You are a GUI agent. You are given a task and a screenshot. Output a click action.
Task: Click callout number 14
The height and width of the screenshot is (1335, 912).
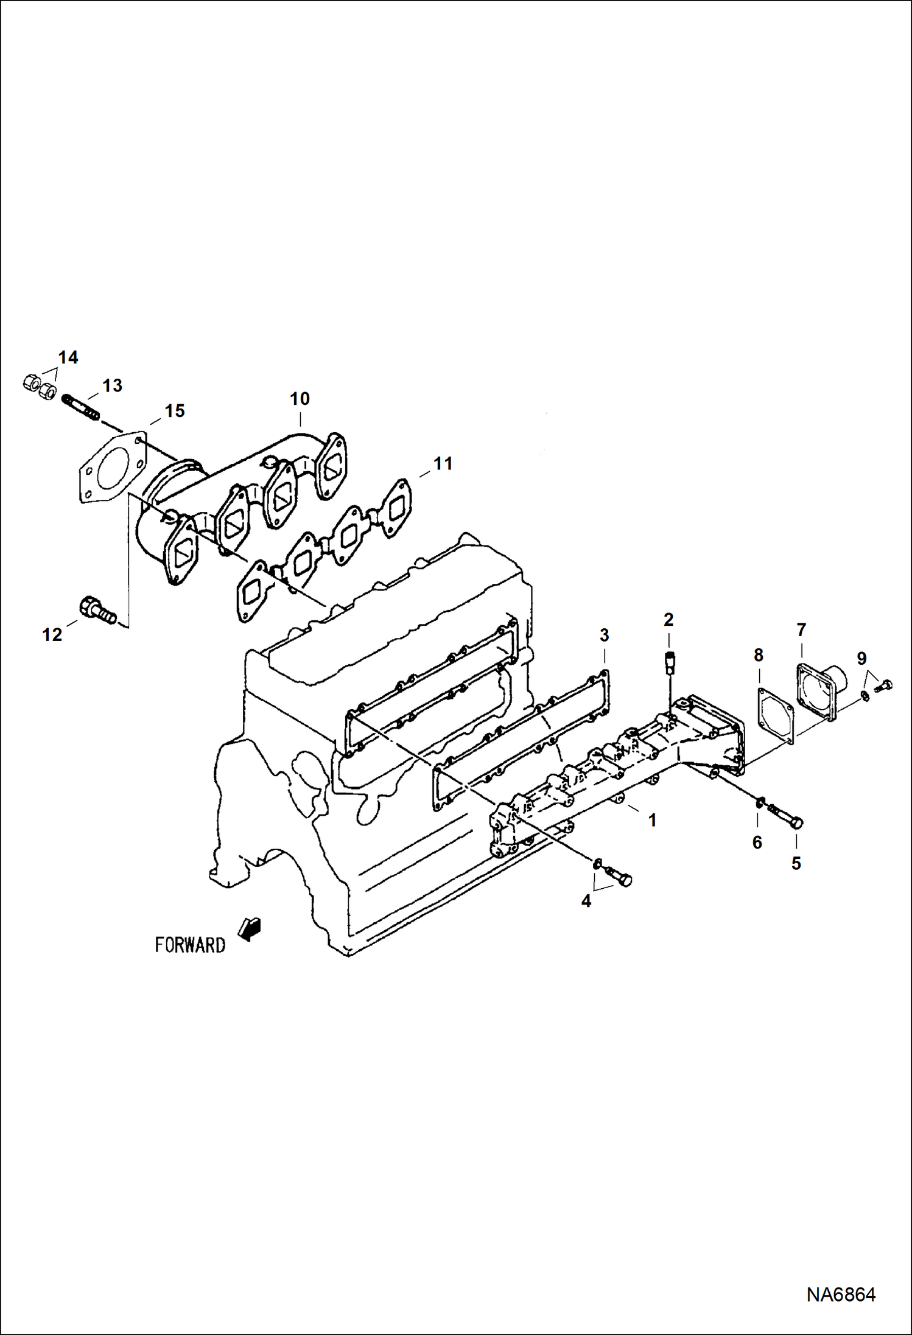[x=68, y=357]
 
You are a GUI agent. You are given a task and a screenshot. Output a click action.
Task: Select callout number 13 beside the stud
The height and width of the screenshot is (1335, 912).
[x=112, y=385]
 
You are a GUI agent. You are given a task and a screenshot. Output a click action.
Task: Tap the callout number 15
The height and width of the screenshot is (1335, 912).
[x=175, y=411]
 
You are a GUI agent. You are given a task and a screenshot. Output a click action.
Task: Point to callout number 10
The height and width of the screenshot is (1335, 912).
[x=300, y=399]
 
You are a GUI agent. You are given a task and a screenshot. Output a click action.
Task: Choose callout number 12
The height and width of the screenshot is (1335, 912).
[x=52, y=635]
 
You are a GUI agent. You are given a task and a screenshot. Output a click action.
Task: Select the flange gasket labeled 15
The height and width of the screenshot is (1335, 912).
[x=113, y=468]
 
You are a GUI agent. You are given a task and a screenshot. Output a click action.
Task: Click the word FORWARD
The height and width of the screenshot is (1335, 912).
[x=190, y=945]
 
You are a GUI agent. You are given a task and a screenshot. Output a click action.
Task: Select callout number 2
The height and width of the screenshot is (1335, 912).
[x=668, y=620]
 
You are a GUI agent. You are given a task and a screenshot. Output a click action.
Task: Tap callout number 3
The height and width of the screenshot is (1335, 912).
[x=604, y=635]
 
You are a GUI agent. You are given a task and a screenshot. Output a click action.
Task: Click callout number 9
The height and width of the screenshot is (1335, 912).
[x=861, y=658]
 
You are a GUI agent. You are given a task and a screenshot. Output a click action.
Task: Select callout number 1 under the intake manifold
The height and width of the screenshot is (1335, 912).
[x=653, y=821]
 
